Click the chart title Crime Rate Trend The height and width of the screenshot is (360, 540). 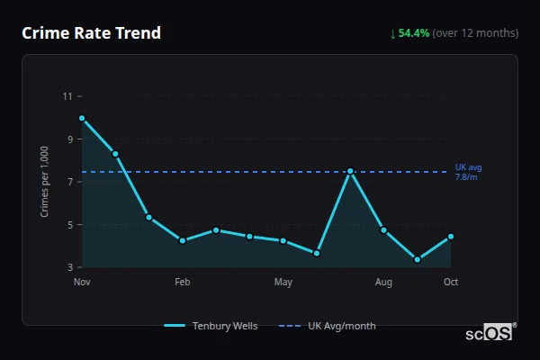91,33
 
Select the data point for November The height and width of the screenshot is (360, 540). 82,118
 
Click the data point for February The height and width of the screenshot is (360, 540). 183,240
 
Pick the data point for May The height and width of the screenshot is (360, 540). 283,240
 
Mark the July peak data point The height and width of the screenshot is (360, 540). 350,171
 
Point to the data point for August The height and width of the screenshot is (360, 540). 383,230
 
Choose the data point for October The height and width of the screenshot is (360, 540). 451,237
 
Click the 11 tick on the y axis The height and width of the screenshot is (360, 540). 67,96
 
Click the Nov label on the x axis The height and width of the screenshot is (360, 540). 82,283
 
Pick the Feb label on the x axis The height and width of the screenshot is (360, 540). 183,283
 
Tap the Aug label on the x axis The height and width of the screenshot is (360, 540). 383,283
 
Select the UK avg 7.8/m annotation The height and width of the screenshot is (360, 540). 468,173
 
